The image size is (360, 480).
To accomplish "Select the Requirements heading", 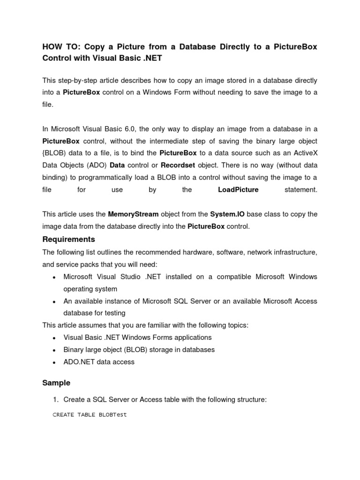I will [x=68, y=240].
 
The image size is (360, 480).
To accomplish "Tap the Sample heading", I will [x=56, y=383].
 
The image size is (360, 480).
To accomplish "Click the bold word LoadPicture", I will [x=238, y=190].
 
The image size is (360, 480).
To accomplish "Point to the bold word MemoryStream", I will [x=133, y=214].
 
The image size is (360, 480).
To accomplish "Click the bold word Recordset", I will [x=180, y=165].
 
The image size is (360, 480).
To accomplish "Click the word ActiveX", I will [x=304, y=153].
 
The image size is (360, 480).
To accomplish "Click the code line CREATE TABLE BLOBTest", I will [x=90, y=415].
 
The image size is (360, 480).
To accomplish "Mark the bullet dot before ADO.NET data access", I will [x=54, y=362].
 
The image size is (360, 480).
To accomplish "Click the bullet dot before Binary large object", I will [x=54, y=350].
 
